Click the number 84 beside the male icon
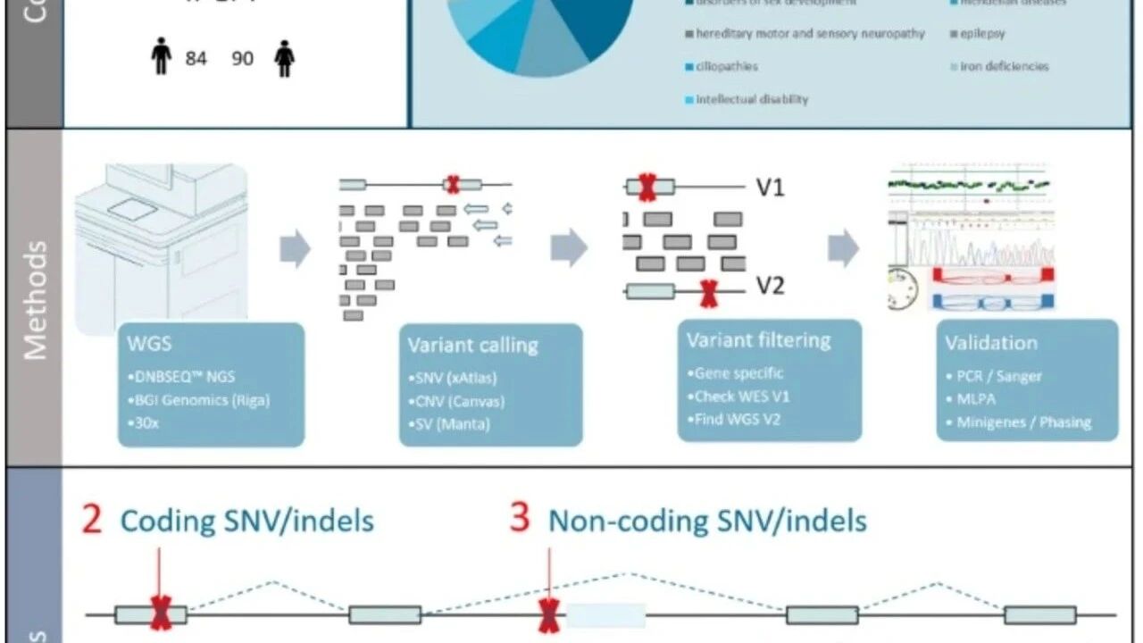(x=196, y=59)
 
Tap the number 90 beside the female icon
(x=242, y=59)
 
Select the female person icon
(x=285, y=59)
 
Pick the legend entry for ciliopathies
(x=726, y=66)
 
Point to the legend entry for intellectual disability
(x=751, y=99)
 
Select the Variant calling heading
(x=472, y=346)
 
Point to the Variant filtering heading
(x=758, y=340)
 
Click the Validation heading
(x=991, y=343)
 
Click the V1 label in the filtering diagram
(x=771, y=188)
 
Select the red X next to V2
(x=708, y=292)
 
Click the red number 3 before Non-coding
(x=520, y=519)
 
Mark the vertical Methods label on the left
(x=35, y=299)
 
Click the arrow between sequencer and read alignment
(x=295, y=249)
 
